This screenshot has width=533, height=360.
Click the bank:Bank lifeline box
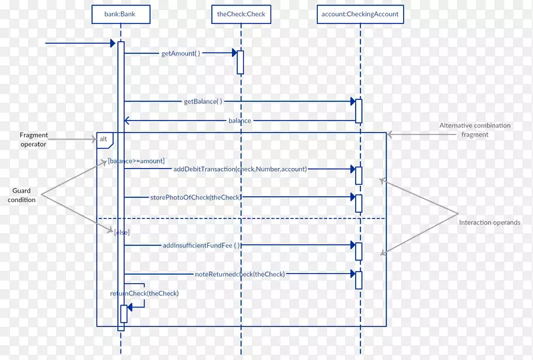click(120, 13)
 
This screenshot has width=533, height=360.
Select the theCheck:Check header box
click(241, 13)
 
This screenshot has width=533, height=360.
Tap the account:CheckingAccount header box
click(360, 13)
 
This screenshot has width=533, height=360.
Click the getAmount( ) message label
click(181, 53)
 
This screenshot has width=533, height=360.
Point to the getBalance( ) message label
click(203, 102)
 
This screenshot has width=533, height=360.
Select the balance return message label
click(240, 121)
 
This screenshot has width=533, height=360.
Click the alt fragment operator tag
click(104, 139)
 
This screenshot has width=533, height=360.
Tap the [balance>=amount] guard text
click(136, 161)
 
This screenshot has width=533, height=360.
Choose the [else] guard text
click(122, 232)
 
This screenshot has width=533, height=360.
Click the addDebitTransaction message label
click(240, 169)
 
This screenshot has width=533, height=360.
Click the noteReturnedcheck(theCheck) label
click(240, 274)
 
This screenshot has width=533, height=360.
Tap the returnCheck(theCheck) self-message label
click(145, 293)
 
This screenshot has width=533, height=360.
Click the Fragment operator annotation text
click(33, 139)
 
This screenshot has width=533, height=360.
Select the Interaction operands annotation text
click(490, 223)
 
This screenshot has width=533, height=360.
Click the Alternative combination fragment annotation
click(475, 130)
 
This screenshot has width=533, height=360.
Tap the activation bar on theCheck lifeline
click(241, 62)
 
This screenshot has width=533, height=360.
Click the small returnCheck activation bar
click(123, 313)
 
